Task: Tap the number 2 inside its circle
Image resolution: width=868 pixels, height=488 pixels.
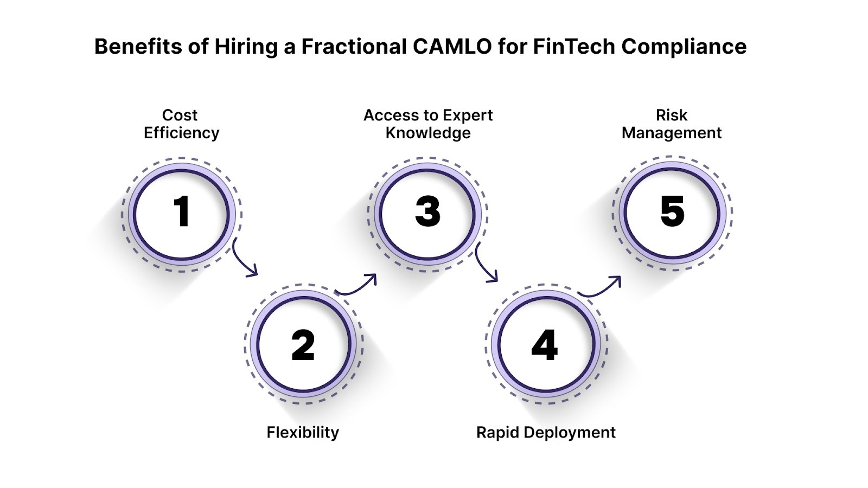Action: (x=303, y=345)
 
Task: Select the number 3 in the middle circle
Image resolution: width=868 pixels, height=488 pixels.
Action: (x=427, y=211)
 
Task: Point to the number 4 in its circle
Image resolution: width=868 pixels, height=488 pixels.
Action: (x=545, y=345)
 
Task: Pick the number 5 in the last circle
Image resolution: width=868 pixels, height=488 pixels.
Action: (x=672, y=211)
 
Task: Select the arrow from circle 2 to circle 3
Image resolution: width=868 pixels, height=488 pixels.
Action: (x=357, y=285)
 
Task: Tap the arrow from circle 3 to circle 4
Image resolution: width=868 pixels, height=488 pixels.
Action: (x=485, y=264)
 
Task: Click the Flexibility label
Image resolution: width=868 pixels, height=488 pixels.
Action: (x=303, y=432)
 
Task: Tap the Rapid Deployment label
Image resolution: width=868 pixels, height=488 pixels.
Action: (x=546, y=432)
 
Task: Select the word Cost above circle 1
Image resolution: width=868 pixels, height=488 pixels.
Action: (x=180, y=115)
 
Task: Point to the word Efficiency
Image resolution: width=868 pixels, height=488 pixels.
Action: (x=182, y=133)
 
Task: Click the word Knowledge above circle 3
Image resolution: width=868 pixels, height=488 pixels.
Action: (x=428, y=133)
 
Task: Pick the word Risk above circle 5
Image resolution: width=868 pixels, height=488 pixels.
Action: (x=672, y=115)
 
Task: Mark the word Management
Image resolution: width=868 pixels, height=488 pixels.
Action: (x=672, y=133)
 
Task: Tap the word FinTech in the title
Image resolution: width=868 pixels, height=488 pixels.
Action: (x=574, y=47)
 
